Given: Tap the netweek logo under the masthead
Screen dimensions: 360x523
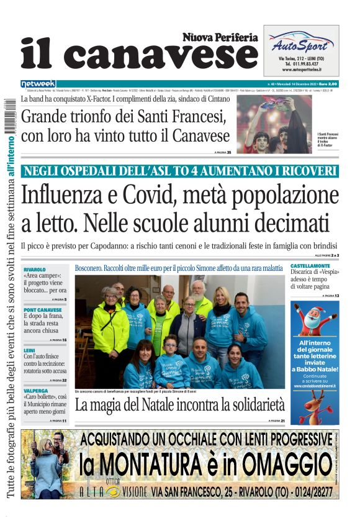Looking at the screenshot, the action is click(38, 83).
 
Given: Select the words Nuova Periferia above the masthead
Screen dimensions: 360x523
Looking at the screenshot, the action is click(220, 37).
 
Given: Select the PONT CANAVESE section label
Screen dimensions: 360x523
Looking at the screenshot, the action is click(43, 309).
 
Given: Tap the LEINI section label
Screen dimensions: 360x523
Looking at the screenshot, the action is click(30, 350).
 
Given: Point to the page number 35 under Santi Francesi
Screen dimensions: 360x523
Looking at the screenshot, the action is click(228, 152).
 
